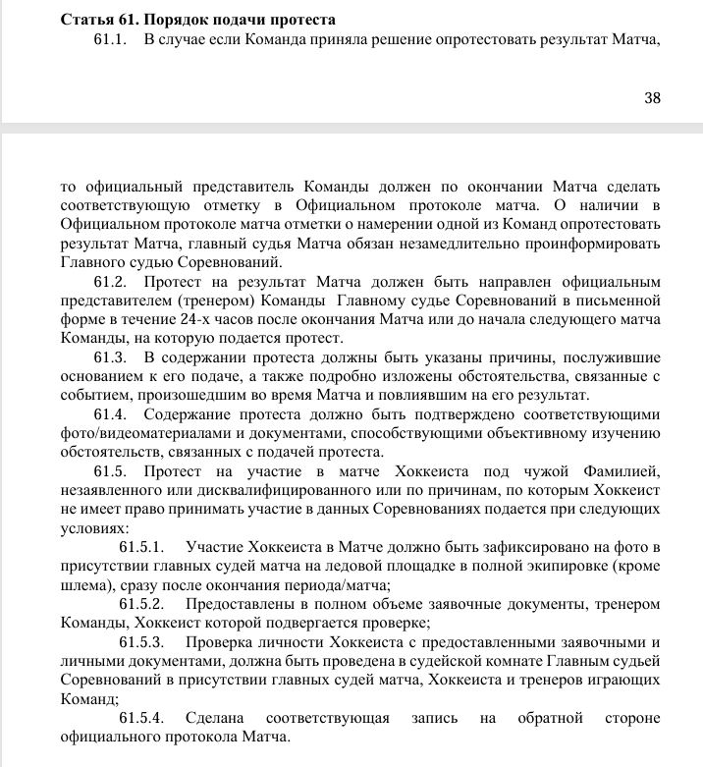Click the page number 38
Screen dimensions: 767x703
(x=652, y=97)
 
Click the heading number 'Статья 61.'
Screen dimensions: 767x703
(x=98, y=20)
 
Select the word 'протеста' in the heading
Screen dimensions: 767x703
(x=298, y=20)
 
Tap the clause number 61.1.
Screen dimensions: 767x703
(x=111, y=40)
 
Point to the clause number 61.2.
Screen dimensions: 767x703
(x=111, y=281)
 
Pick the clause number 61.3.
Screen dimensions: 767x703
(x=111, y=356)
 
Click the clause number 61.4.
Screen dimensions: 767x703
(x=111, y=413)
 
